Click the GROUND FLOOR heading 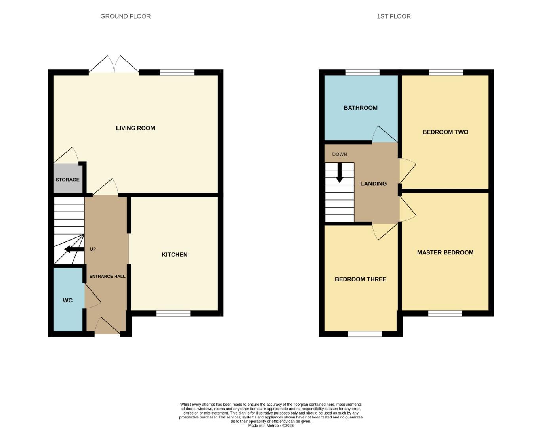point(125,16)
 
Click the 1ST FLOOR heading point(393,16)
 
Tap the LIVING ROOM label point(135,128)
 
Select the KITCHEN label point(174,254)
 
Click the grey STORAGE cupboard point(67,179)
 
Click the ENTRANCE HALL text point(107,276)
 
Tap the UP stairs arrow point(73,249)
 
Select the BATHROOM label point(361,108)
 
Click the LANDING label point(373,183)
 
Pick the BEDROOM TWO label point(445,132)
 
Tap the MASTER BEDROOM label point(445,252)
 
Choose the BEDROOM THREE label point(361,279)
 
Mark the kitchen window point(174,313)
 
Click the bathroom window point(363,73)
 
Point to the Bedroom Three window point(365,334)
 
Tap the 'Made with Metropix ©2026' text point(271,426)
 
